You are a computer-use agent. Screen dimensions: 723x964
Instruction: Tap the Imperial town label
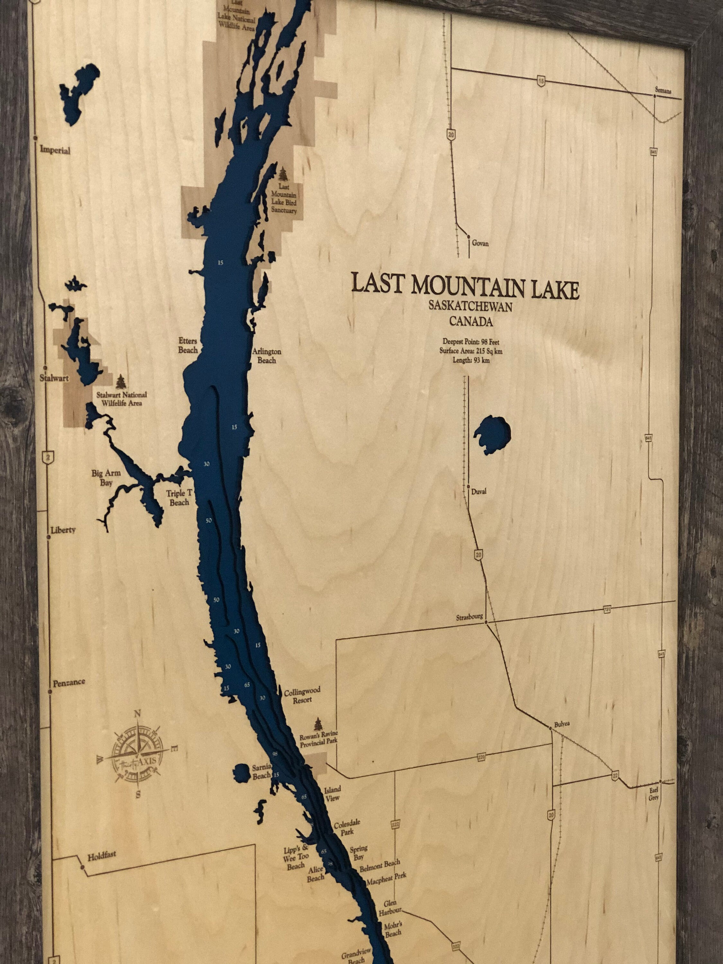pyautogui.click(x=55, y=150)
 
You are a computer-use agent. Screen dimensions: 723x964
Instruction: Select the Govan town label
pyautogui.click(x=480, y=243)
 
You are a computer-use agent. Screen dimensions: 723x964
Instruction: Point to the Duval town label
pyautogui.click(x=478, y=492)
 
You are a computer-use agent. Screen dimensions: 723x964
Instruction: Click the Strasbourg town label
pyautogui.click(x=469, y=617)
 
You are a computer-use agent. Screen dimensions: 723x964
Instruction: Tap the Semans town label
pyautogui.click(x=663, y=91)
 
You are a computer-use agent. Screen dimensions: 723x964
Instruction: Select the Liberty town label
pyautogui.click(x=63, y=530)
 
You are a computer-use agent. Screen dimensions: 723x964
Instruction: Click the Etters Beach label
pyautogui.click(x=188, y=345)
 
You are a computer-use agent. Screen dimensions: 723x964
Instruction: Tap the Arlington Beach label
pyautogui.click(x=267, y=356)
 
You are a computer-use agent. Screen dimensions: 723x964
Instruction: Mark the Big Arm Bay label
pyautogui.click(x=106, y=477)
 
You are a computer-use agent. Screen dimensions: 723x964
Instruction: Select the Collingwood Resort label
pyautogui.click(x=302, y=695)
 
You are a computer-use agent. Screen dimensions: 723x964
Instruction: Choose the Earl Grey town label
pyautogui.click(x=654, y=793)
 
